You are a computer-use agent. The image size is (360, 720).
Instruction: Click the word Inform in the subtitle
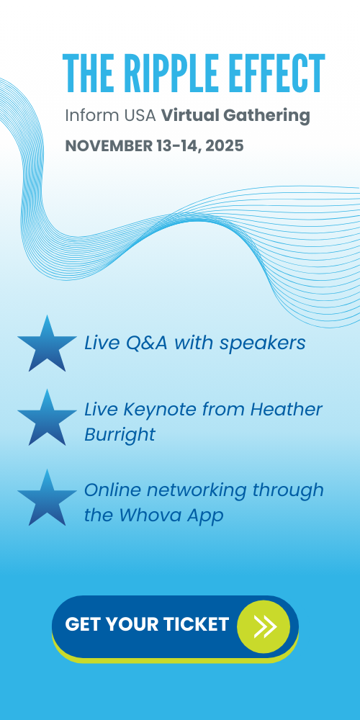(91, 116)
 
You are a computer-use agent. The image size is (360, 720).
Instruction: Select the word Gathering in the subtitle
(267, 117)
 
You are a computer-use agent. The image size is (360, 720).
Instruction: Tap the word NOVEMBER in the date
(109, 146)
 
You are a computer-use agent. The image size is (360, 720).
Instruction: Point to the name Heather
(286, 410)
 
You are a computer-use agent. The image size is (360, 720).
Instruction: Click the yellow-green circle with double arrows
(264, 627)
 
